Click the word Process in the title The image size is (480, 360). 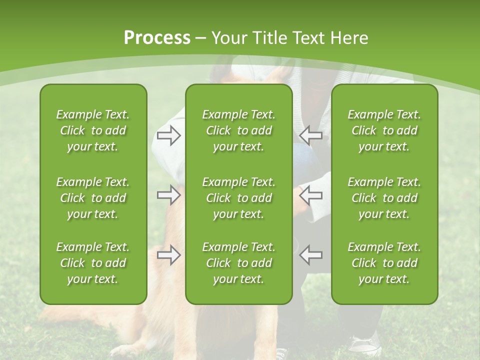pyautogui.click(x=157, y=38)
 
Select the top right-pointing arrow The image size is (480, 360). pyautogui.click(x=168, y=135)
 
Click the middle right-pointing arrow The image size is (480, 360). pyautogui.click(x=168, y=195)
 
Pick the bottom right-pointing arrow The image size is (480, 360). pyautogui.click(x=168, y=255)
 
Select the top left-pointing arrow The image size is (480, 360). pyautogui.click(x=311, y=135)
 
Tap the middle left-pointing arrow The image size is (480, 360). pyautogui.click(x=311, y=195)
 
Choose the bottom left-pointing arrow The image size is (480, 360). pyautogui.click(x=311, y=255)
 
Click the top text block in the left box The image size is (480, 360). pyautogui.click(x=93, y=130)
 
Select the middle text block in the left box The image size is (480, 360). pyautogui.click(x=93, y=198)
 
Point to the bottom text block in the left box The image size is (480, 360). pyautogui.click(x=93, y=263)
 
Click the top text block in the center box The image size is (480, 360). pyautogui.click(x=238, y=130)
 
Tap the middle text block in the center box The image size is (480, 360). pyautogui.click(x=238, y=198)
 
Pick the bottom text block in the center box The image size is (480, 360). pyautogui.click(x=238, y=263)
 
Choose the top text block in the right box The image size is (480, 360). pyautogui.click(x=384, y=130)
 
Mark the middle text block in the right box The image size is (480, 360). pyautogui.click(x=384, y=198)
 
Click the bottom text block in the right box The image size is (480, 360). pyautogui.click(x=384, y=263)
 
